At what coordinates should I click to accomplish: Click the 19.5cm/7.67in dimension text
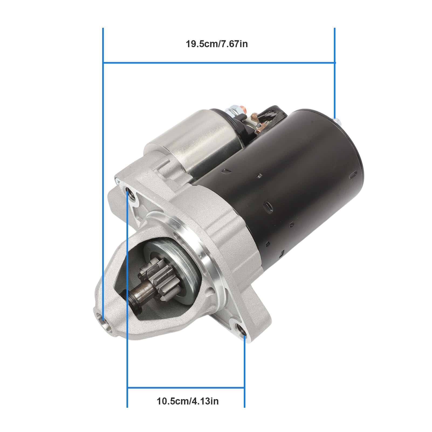pyautogui.click(x=217, y=44)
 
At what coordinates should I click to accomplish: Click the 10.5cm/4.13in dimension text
pyautogui.click(x=188, y=401)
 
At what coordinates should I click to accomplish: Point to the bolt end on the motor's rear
pyautogui.click(x=337, y=121)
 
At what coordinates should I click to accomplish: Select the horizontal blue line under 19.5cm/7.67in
pyautogui.click(x=218, y=63)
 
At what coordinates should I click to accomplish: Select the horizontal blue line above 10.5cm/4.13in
pyautogui.click(x=186, y=388)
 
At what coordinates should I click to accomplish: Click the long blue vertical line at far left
pyautogui.click(x=103, y=162)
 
